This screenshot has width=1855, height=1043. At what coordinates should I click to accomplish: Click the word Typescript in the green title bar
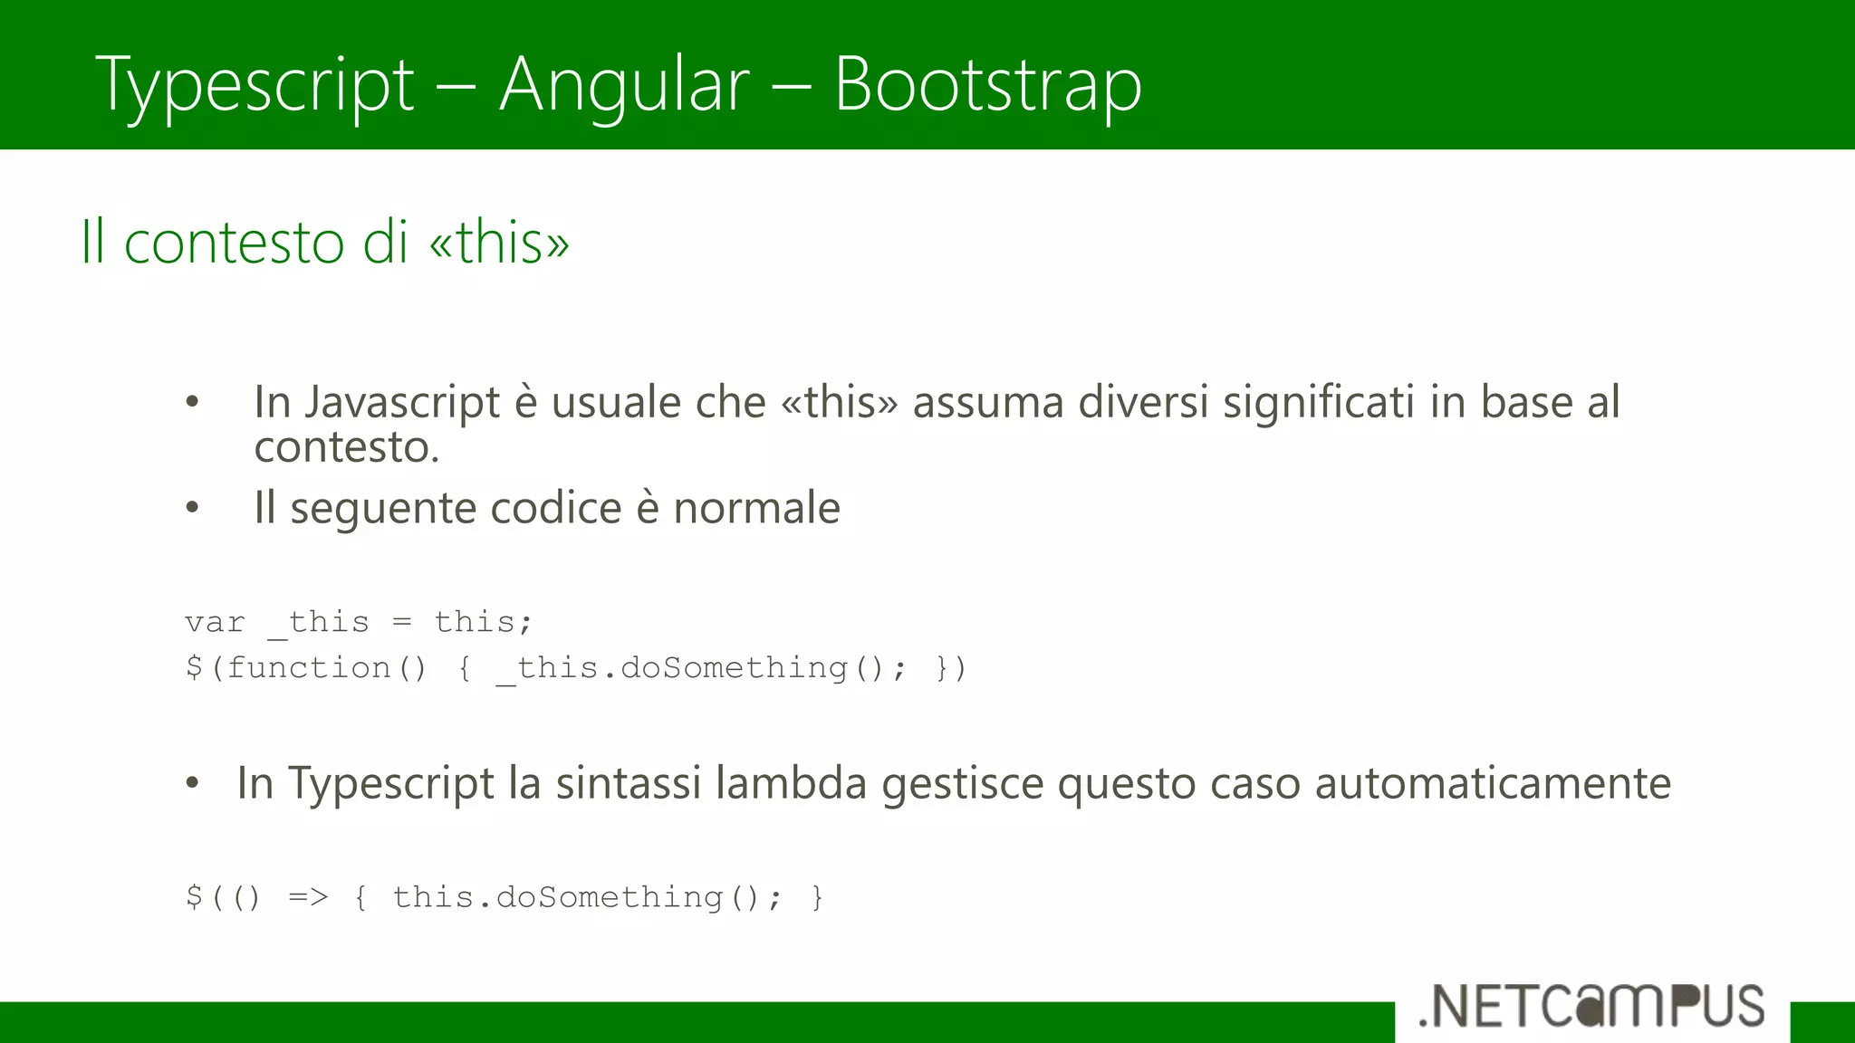click(x=255, y=85)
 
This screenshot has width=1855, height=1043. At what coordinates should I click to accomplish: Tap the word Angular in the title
click(x=624, y=85)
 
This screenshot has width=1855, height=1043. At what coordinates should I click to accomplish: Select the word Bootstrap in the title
click(x=987, y=85)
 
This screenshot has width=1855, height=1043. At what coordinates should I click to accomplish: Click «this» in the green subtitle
click(x=499, y=243)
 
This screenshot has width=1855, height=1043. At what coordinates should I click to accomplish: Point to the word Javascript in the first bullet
click(x=401, y=402)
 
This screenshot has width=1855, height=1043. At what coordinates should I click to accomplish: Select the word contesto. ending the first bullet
click(x=346, y=446)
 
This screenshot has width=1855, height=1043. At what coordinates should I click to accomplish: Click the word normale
click(x=756, y=508)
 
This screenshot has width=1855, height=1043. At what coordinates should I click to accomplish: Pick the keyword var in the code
click(x=215, y=623)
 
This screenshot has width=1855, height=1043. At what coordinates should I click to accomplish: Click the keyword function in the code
click(x=309, y=668)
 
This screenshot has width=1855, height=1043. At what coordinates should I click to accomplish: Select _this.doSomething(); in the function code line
click(x=700, y=668)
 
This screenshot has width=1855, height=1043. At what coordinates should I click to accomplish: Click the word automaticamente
click(x=1493, y=783)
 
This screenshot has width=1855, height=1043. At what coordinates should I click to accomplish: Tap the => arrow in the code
click(x=308, y=897)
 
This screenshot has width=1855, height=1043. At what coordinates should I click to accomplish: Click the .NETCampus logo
click(x=1591, y=1007)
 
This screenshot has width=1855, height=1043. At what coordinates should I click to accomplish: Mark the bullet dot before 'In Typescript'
click(x=192, y=783)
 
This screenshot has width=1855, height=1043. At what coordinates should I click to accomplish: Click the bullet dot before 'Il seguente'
click(x=192, y=508)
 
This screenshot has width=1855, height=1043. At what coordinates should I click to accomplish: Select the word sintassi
click(x=628, y=783)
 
